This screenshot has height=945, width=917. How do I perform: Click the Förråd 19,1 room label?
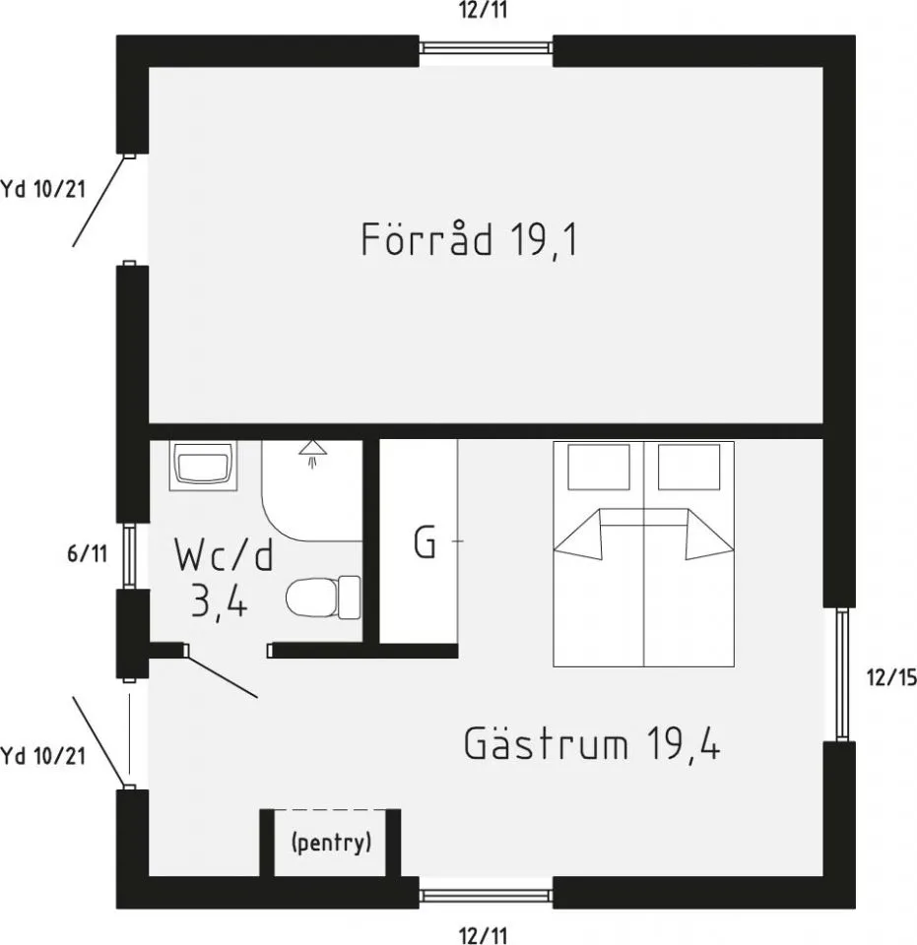pos(469,240)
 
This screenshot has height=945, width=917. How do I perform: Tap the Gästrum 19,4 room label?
pos(592,744)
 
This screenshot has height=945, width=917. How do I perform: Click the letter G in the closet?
pos(425,542)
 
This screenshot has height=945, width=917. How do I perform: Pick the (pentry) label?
pos(331,843)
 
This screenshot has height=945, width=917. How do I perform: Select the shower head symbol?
pos(312,452)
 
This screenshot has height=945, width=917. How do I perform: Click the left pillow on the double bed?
pos(599,466)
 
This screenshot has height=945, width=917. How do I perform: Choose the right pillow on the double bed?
pos(688,466)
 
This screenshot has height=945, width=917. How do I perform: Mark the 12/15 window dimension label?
pos(889,677)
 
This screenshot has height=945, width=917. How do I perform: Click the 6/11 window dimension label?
pos(87,554)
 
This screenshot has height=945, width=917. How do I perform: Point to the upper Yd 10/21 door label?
pos(42,188)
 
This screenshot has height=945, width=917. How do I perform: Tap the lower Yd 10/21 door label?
pos(42,756)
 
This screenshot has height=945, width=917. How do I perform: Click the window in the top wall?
pos(487,47)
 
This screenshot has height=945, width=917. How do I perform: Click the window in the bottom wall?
pos(487,895)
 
